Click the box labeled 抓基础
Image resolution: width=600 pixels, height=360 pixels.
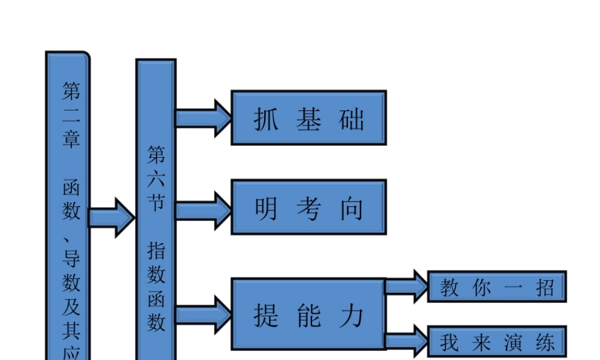click(308, 118)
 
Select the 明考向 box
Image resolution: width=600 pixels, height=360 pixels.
click(308, 207)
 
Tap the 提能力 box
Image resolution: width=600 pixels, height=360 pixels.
click(308, 313)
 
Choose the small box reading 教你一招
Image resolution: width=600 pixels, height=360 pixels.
click(496, 287)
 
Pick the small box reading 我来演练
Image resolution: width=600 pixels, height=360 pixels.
click(496, 341)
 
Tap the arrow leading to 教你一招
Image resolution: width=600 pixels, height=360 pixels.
click(406, 286)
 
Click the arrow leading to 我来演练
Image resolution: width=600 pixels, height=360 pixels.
click(406, 341)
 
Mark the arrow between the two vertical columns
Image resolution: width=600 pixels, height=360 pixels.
click(112, 217)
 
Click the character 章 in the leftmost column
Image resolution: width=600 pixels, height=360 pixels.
click(71, 139)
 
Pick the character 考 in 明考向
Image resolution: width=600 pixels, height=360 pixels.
click(308, 208)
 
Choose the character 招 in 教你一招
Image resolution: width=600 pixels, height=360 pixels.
click(546, 287)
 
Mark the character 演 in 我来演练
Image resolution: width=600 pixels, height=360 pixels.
click(513, 343)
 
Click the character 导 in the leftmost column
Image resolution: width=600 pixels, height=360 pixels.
click(71, 259)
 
